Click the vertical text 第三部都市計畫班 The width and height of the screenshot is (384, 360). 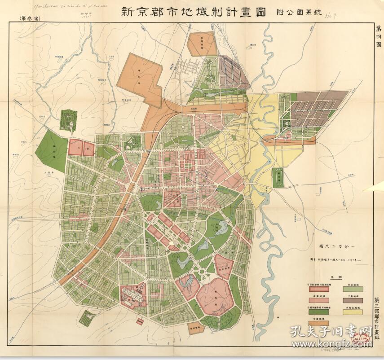coord(378,319)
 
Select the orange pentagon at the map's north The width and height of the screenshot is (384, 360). coord(201,44)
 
